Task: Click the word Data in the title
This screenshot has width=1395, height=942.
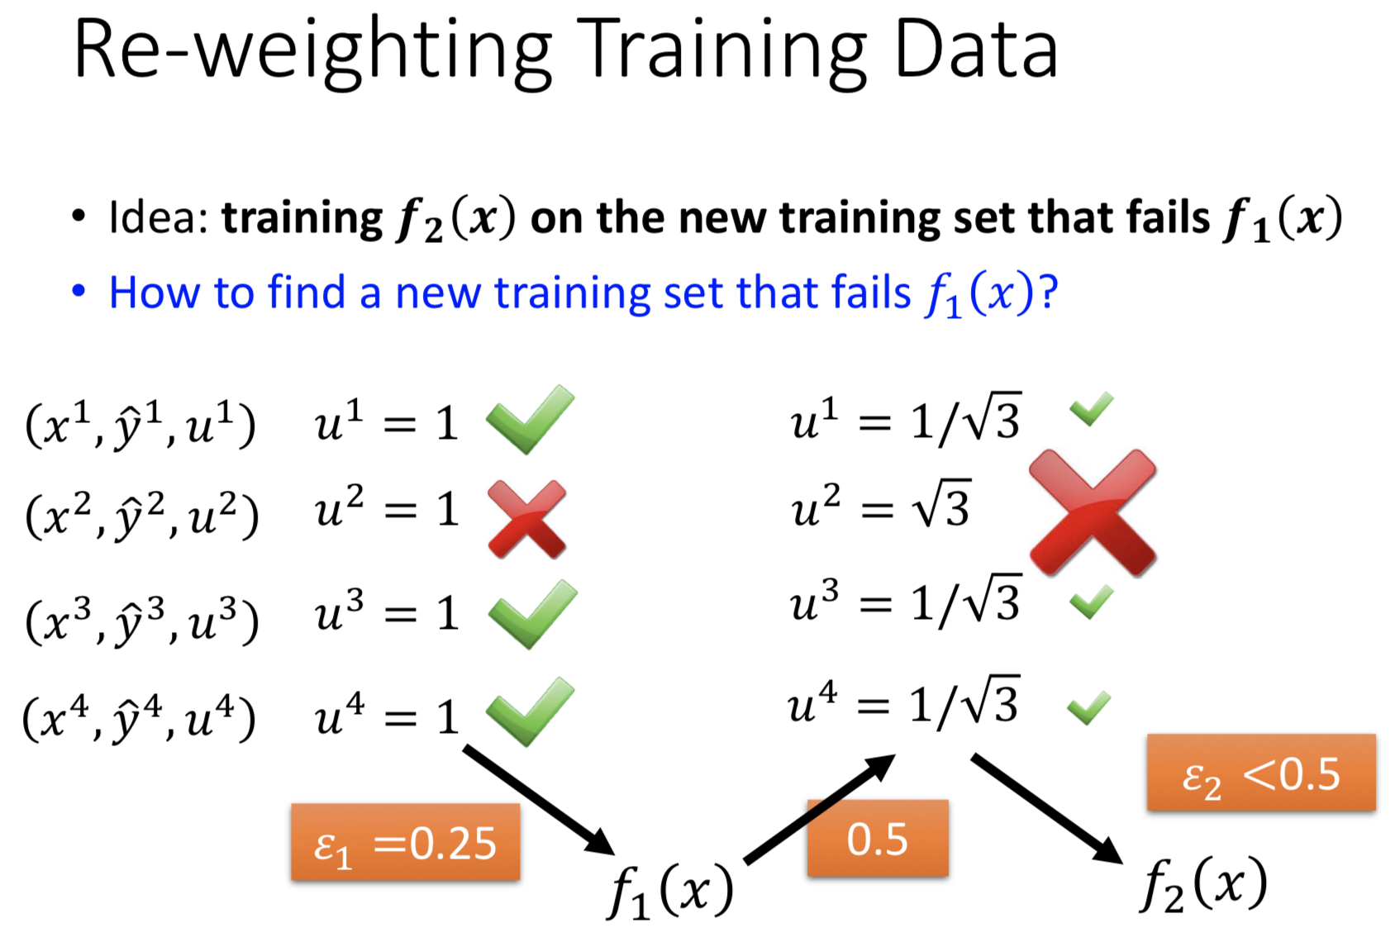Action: click(x=977, y=49)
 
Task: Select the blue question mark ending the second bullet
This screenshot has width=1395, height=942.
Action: click(x=1048, y=292)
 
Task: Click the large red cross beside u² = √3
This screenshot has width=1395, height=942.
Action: click(x=1093, y=511)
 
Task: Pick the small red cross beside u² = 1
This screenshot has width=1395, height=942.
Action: click(x=527, y=519)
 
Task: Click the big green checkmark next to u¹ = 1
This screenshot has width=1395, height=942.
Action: click(x=530, y=419)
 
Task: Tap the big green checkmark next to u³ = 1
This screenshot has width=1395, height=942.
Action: click(x=532, y=614)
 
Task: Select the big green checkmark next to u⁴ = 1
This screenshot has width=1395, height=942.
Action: click(x=530, y=711)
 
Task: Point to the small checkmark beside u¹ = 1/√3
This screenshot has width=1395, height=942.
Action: click(x=1091, y=408)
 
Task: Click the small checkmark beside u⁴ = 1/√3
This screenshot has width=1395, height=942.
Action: click(x=1088, y=708)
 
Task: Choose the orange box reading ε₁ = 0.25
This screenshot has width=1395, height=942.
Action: click(x=406, y=842)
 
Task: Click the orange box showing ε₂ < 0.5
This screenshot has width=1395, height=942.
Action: click(x=1261, y=772)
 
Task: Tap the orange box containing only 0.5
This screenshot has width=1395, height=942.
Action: click(x=878, y=838)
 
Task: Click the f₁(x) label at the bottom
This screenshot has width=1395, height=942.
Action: click(x=670, y=890)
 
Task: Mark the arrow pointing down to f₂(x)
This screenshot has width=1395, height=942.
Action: click(x=1048, y=809)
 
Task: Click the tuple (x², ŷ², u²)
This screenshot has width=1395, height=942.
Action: click(x=141, y=514)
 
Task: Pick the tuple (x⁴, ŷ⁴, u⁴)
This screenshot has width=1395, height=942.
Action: click(x=139, y=717)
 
